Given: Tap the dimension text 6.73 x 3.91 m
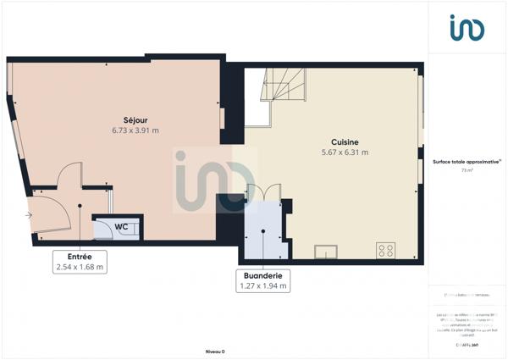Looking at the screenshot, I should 135,131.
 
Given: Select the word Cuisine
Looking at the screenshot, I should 345,142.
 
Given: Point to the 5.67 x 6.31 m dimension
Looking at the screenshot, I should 345,152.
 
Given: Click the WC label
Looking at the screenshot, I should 121,227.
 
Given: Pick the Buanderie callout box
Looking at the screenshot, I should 263,280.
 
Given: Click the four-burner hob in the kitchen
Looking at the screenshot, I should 385,250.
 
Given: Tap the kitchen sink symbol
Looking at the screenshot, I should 325,251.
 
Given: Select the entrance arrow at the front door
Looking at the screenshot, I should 30,215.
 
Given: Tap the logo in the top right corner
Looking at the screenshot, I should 467,27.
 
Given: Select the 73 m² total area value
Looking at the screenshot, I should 466,170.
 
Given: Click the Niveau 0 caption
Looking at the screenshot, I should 215,351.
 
